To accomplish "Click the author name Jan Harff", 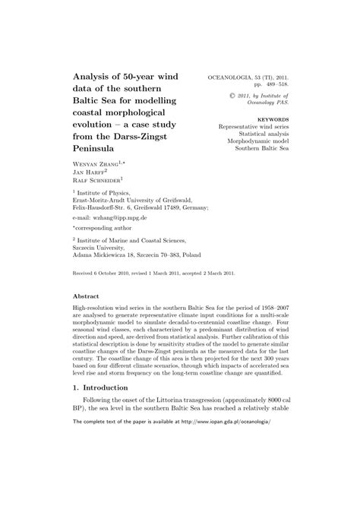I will [x=88, y=172].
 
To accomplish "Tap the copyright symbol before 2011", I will [x=245, y=96].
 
